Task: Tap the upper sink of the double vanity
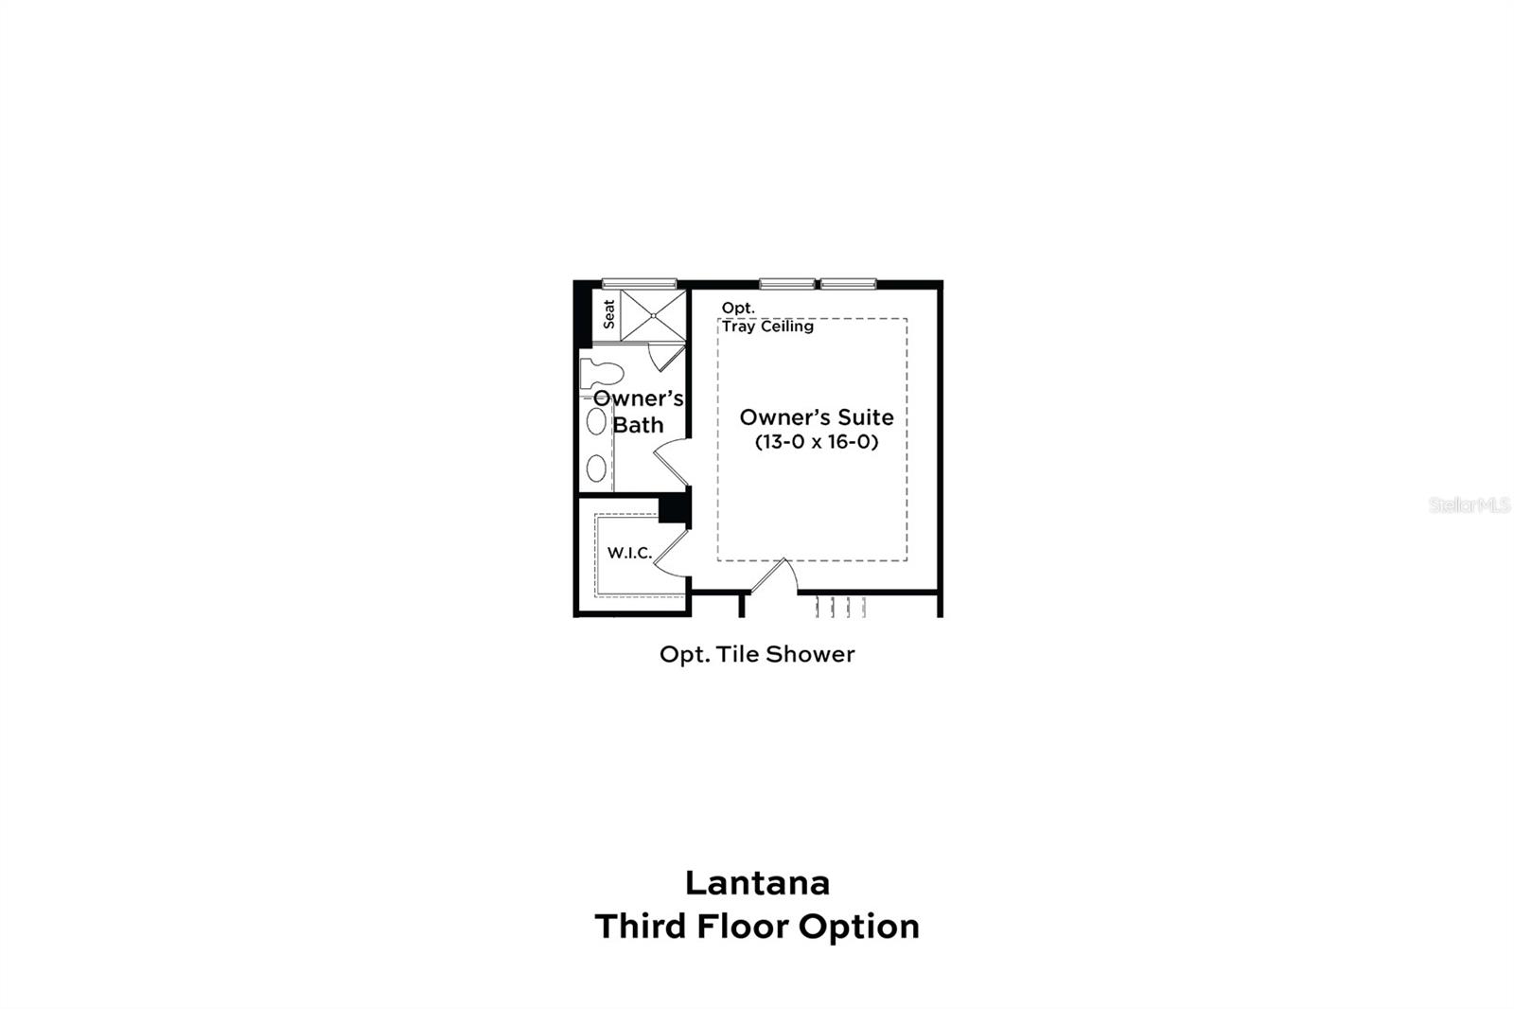coord(596,421)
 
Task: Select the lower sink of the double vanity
coord(596,468)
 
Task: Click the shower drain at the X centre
coord(653,315)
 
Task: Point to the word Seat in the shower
coord(608,314)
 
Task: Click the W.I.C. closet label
coord(629,553)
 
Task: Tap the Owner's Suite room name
coord(816,417)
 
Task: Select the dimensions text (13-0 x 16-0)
coord(816,442)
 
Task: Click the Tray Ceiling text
coord(767,327)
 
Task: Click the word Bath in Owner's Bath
coord(638,425)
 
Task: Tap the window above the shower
coord(640,283)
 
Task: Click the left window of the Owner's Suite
coord(786,283)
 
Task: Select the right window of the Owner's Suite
coord(848,283)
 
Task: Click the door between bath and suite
coord(670,463)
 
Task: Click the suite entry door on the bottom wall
coord(774,576)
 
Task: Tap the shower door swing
coord(666,358)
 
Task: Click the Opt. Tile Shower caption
coord(757,654)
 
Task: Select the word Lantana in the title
coord(757,882)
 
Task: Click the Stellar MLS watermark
coord(1469,505)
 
